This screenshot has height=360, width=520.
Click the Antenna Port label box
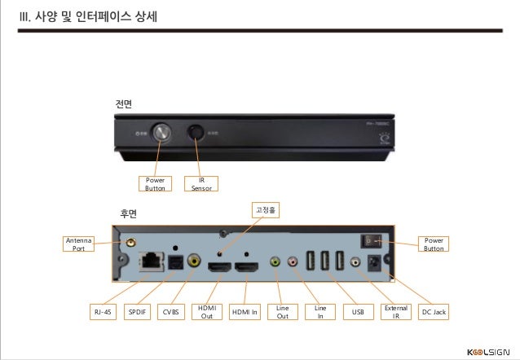point(78,244)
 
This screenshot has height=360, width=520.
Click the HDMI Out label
point(205,312)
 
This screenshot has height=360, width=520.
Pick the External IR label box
point(396,312)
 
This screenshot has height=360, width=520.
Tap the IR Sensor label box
point(201,183)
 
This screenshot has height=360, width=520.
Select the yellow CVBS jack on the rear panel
point(194,261)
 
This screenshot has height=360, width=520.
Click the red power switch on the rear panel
point(371,241)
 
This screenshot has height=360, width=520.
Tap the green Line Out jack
point(275,262)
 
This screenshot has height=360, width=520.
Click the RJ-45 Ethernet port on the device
point(151,261)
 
